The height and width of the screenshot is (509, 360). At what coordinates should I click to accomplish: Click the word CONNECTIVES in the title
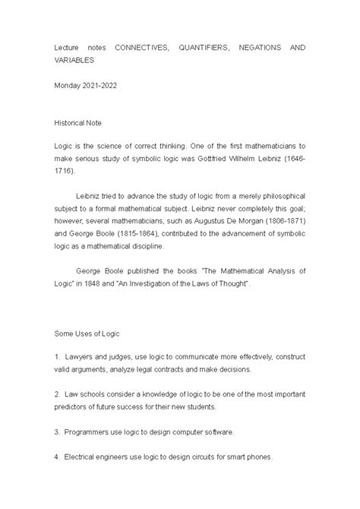(x=138, y=47)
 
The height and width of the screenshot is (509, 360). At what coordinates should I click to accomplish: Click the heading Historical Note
(x=84, y=122)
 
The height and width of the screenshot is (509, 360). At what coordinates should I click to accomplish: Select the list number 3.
(x=56, y=432)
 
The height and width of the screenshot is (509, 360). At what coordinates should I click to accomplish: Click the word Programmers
(x=90, y=432)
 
